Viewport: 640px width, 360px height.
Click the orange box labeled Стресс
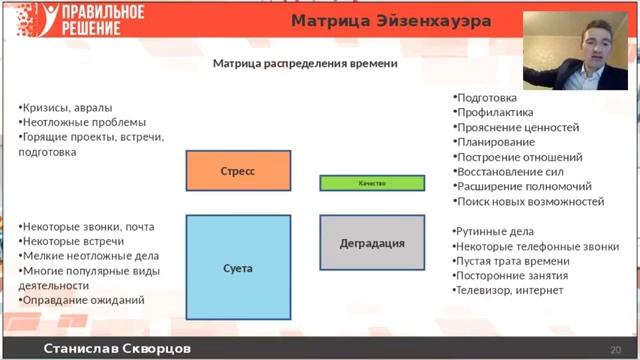[238, 171]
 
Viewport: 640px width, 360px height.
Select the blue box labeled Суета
[238, 268]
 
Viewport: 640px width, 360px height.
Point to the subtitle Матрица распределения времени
[305, 64]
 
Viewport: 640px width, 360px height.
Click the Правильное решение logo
[74, 20]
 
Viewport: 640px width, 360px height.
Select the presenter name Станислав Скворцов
[117, 349]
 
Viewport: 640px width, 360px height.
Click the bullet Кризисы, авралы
[67, 108]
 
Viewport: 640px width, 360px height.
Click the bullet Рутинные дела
[499, 231]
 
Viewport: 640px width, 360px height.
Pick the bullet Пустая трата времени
[513, 261]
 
